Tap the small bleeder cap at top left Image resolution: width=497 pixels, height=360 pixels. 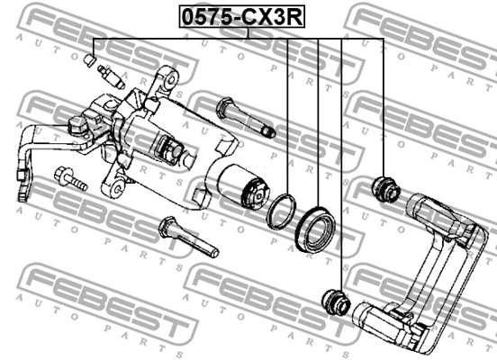coord(89,61)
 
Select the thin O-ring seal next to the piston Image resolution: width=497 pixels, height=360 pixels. coord(284,210)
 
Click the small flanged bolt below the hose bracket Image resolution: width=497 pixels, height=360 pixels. coord(68,177)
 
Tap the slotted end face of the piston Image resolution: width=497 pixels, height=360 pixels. coord(256,192)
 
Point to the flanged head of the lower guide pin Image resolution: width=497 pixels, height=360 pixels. coord(167,228)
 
